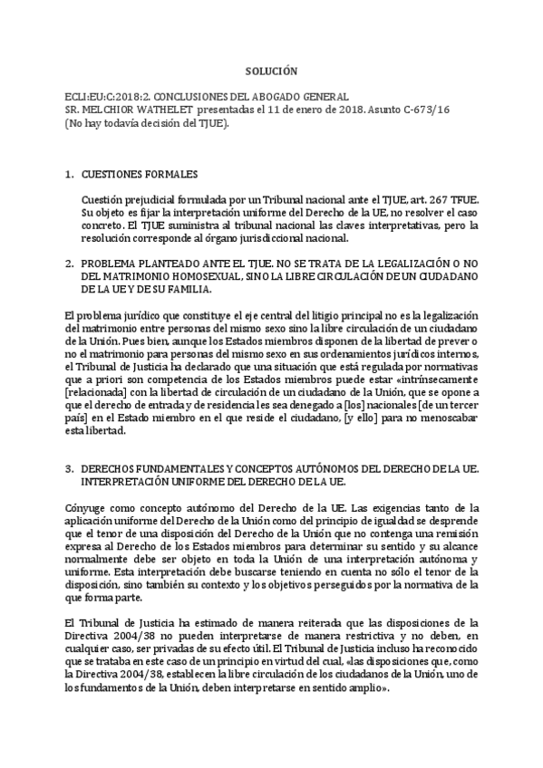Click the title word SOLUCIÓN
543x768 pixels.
pos(271,71)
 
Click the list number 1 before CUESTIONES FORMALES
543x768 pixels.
pos(69,173)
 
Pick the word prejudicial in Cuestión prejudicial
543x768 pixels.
pos(150,199)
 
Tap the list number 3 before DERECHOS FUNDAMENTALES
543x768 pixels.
pos(69,469)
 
